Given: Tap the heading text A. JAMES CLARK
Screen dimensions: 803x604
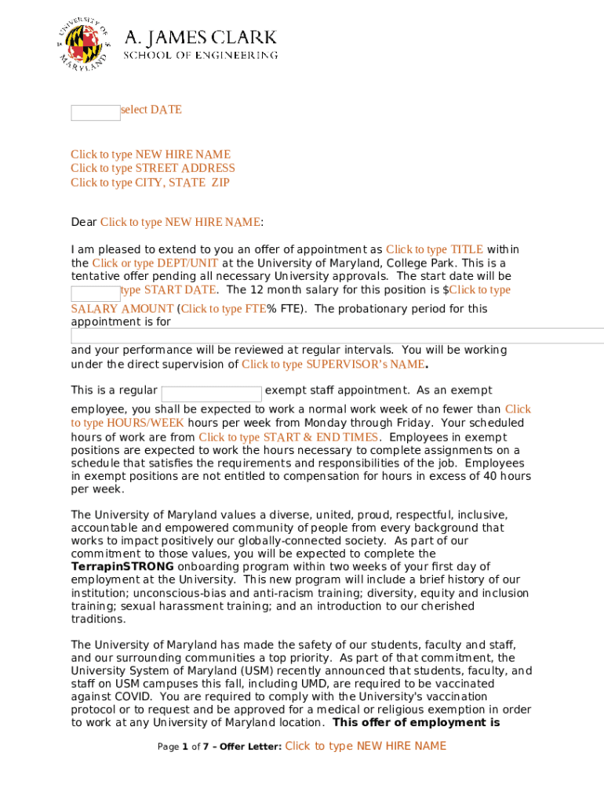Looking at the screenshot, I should tap(201, 37).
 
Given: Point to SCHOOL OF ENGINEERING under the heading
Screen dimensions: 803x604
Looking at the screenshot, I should tap(201, 55).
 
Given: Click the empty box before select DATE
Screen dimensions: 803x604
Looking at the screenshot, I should tap(95, 112).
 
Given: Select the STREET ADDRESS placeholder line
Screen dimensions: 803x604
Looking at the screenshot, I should tap(153, 168).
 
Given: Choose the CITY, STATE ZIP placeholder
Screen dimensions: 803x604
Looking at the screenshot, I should tap(150, 183).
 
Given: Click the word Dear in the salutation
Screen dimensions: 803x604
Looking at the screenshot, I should tap(83, 222).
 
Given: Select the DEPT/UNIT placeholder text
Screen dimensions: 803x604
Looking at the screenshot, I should tap(155, 263).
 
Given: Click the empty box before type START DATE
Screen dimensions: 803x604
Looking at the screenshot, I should tap(95, 293).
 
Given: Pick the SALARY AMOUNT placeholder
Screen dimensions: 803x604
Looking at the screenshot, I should tap(122, 308).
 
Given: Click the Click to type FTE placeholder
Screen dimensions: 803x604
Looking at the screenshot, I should tap(224, 308).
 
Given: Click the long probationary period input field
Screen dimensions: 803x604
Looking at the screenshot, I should tap(337, 336).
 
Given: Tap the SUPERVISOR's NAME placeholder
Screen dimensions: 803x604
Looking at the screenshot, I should tap(333, 364).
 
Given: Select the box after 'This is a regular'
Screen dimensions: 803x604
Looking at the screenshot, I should tap(211, 394).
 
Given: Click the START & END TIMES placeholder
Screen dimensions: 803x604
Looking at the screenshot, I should tap(289, 437).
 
